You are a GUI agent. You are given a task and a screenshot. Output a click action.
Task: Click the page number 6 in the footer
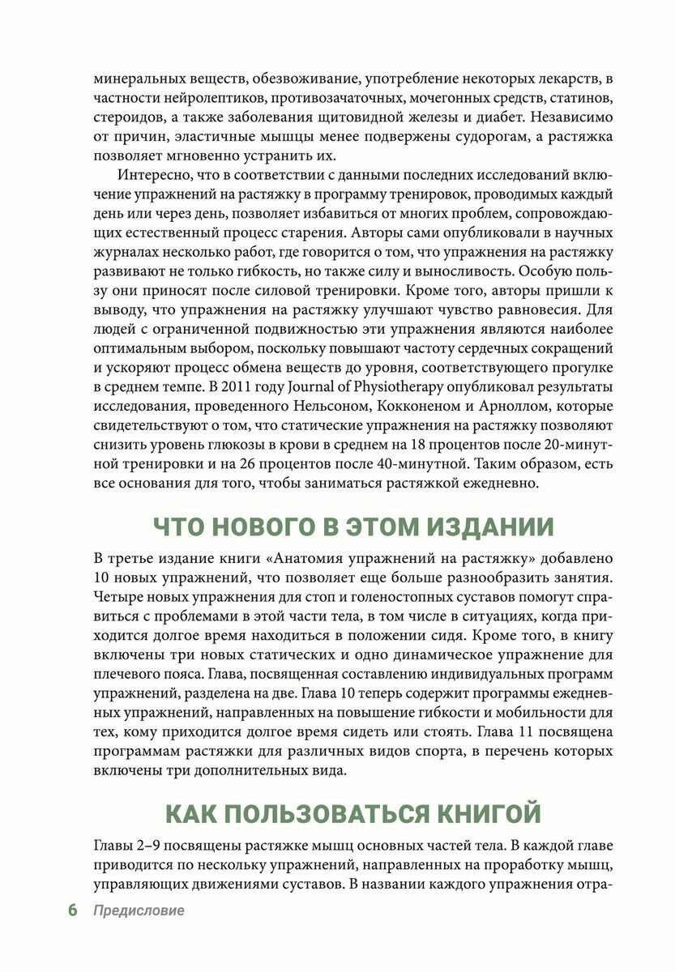72,910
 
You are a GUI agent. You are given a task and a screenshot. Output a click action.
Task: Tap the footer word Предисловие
138,910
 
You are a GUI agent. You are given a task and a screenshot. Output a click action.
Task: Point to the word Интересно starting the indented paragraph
153,177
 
